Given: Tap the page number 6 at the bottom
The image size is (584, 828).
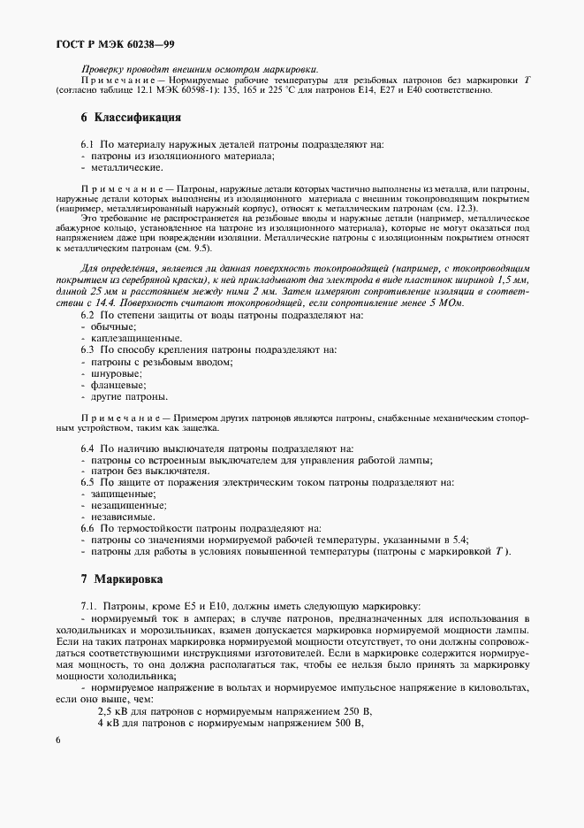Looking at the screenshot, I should (57, 739).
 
